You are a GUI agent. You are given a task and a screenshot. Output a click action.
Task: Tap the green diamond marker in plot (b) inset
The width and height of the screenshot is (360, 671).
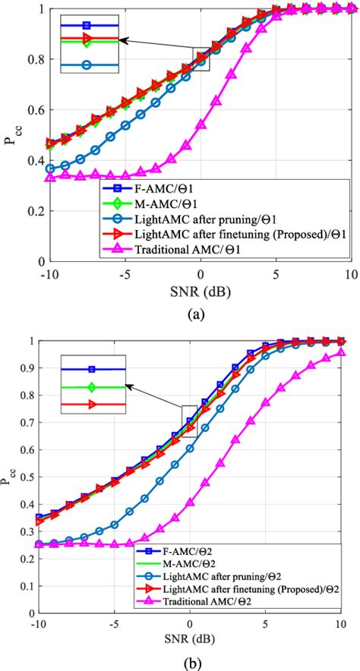(x=91, y=388)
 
